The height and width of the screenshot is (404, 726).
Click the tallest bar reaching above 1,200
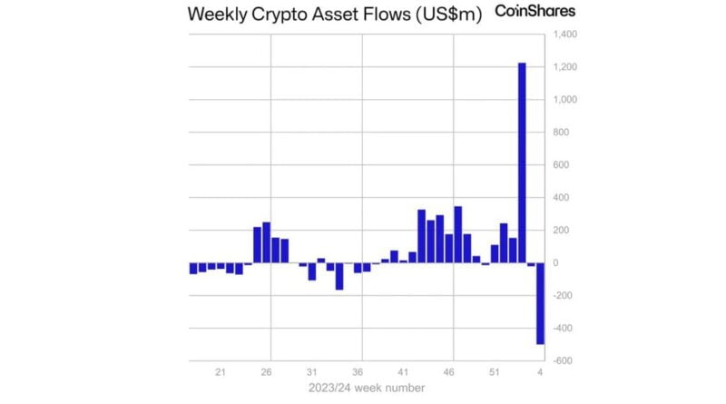point(522,163)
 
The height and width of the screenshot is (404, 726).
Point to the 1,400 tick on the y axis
point(564,34)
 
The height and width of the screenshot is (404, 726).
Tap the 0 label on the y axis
point(554,263)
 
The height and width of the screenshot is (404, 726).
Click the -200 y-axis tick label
point(562,296)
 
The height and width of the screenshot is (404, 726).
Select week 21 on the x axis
point(221,372)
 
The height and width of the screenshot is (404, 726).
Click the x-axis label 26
point(266,372)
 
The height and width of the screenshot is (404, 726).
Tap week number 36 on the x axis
point(358,372)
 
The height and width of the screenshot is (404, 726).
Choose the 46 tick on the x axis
point(448,372)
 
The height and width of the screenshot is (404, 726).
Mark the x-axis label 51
point(495,372)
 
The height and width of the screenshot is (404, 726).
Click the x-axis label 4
point(540,372)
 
